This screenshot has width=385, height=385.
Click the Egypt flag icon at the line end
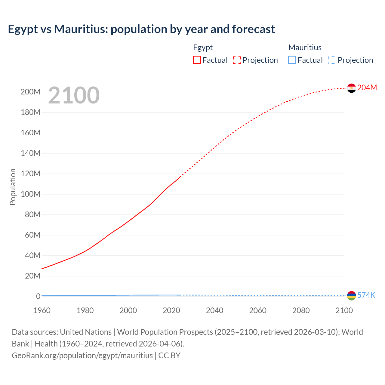351,88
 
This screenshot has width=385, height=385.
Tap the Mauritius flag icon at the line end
351,296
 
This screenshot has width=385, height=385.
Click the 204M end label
367,88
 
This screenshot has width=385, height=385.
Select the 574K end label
366,295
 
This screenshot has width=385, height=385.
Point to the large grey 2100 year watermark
74,95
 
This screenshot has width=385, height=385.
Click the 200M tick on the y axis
30,92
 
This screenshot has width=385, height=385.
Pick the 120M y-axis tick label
30,174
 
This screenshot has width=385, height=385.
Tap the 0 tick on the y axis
38,297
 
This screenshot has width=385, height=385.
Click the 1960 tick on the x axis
42,310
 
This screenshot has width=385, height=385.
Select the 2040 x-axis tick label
214,310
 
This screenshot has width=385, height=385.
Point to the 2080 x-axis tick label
301,310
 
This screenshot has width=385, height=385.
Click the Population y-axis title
13,187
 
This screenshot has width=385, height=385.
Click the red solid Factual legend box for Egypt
197,60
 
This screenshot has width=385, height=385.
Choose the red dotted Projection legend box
237,60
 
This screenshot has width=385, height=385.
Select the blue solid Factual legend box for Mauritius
292,60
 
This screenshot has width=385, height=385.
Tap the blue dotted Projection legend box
332,60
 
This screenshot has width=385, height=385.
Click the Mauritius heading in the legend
305,48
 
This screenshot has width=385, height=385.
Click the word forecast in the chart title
254,29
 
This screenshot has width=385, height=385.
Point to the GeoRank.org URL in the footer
82,356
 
